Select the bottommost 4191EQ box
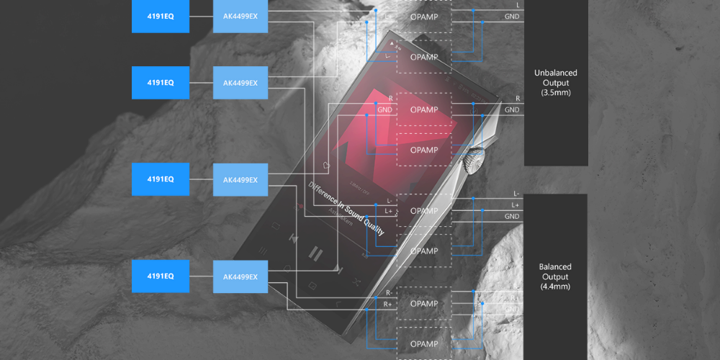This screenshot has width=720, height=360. coord(160,276)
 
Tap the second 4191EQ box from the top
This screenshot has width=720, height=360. coord(160,83)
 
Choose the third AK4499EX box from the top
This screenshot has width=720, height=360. coord(240,179)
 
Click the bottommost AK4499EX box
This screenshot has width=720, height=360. coord(240,276)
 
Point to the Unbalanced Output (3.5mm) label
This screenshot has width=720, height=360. coord(555,83)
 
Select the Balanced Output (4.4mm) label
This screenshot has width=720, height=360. coord(554,276)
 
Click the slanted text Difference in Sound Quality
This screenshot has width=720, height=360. coord(346,210)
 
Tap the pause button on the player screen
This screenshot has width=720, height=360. coord(315,253)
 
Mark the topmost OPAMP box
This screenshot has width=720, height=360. coord(424,16)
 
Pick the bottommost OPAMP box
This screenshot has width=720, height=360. coord(424,343)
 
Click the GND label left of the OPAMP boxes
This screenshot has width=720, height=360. coord(384,109)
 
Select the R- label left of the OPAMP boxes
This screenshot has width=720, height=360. coord(389,293)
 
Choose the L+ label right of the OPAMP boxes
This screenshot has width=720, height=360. coord(516,205)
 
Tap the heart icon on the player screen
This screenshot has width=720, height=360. coord(328,165)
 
